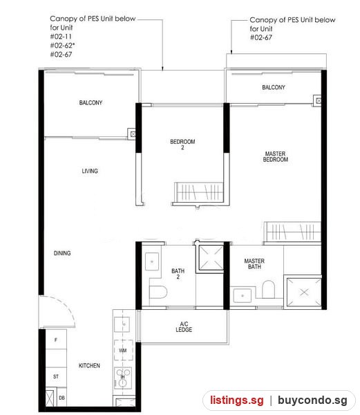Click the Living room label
(90, 171)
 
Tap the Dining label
(62, 253)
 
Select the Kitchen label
(89, 365)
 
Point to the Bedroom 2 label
(182, 145)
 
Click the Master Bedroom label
(276, 157)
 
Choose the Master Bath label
(254, 264)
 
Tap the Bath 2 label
(178, 274)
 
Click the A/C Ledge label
(184, 327)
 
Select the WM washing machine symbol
(123, 350)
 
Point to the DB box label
(62, 398)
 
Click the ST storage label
(56, 376)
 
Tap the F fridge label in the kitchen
(55, 340)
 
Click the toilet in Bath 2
(158, 292)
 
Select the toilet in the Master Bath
(269, 289)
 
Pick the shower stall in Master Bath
(304, 292)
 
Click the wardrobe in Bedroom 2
(199, 192)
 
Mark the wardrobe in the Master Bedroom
(292, 232)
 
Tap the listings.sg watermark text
(237, 400)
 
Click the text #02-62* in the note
(62, 46)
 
